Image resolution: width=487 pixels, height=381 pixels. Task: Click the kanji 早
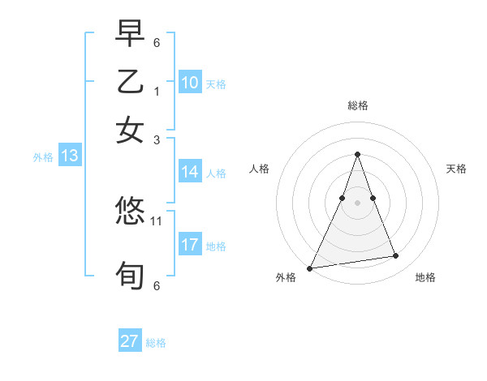click(x=130, y=34)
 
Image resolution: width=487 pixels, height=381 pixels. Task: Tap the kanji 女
click(x=130, y=131)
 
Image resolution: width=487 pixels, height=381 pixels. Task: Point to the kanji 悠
click(x=130, y=212)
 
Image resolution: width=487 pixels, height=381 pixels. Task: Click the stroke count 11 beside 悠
click(x=157, y=220)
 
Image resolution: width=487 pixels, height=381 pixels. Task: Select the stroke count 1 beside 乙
click(x=157, y=91)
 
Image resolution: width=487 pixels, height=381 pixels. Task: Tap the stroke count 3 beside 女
click(x=157, y=139)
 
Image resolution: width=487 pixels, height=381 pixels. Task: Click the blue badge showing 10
click(x=189, y=83)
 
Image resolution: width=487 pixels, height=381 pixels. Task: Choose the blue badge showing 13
click(x=69, y=156)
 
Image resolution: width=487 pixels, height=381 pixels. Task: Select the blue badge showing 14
click(x=189, y=172)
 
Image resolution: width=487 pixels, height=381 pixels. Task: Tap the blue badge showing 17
click(x=189, y=245)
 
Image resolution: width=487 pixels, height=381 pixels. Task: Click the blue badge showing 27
click(x=129, y=341)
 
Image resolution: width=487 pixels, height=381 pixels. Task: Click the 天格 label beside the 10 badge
click(x=215, y=83)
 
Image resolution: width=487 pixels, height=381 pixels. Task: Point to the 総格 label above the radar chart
click(x=357, y=105)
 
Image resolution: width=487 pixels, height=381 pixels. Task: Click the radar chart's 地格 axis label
click(x=425, y=277)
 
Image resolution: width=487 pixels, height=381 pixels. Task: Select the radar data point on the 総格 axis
click(x=357, y=154)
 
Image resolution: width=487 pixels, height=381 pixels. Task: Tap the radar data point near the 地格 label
click(x=396, y=256)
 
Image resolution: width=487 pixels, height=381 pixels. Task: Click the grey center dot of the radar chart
click(x=357, y=202)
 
